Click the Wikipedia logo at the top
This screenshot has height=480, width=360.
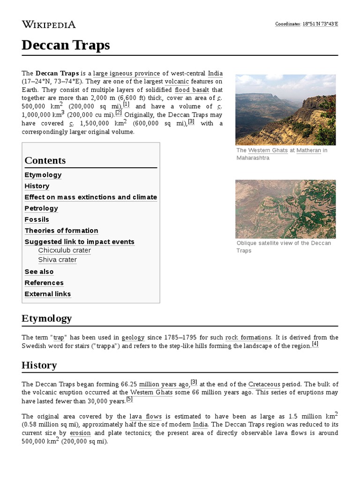click(x=48, y=24)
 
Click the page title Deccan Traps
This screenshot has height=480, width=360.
click(x=66, y=45)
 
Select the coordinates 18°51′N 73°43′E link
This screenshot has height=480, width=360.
click(x=320, y=24)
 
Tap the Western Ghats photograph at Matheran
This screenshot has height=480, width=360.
click(x=285, y=110)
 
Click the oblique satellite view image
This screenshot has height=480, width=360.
click(x=285, y=209)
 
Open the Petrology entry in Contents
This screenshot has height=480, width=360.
click(x=41, y=208)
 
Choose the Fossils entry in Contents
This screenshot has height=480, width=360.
click(x=37, y=219)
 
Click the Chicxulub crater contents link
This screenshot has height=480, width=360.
click(x=64, y=250)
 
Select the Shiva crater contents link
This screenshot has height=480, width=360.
click(x=57, y=260)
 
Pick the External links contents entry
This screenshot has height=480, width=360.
click(x=47, y=294)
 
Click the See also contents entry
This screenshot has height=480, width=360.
click(x=39, y=271)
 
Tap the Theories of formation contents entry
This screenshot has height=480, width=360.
click(x=61, y=231)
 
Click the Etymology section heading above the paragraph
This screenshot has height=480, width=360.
click(x=46, y=318)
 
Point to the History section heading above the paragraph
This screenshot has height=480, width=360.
click(x=39, y=365)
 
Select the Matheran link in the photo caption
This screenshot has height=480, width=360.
click(x=308, y=150)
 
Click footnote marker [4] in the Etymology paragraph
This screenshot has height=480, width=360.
click(x=315, y=344)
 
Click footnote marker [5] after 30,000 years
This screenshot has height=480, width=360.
click(x=129, y=399)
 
